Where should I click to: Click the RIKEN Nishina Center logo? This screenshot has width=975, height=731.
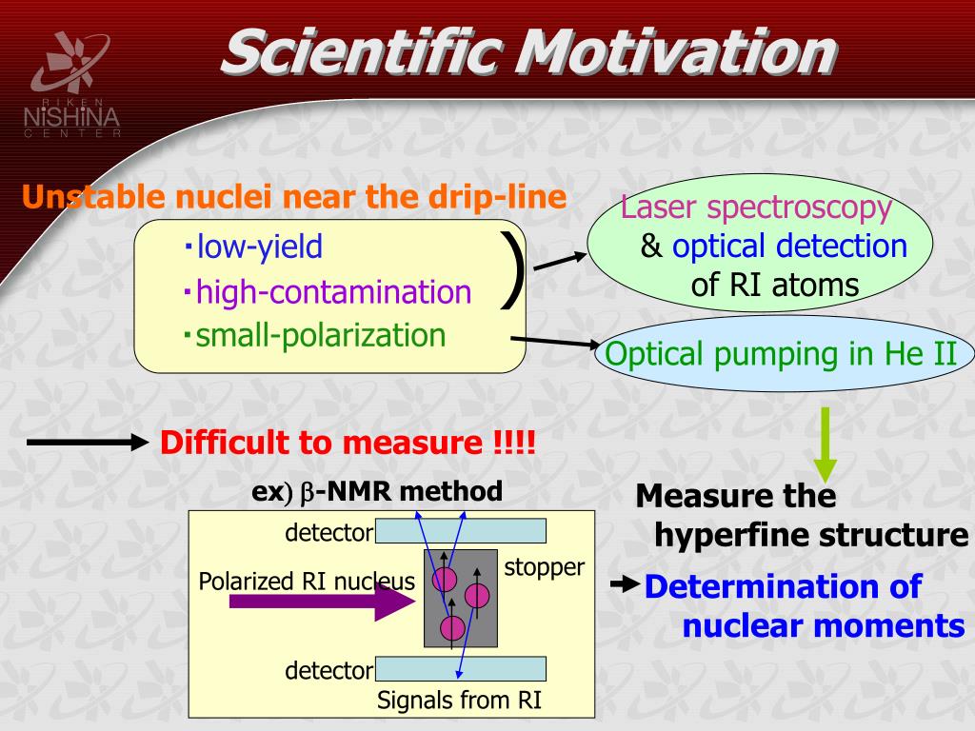tap(72, 85)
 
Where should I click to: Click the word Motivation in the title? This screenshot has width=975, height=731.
tap(678, 52)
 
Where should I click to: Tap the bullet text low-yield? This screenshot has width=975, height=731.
tap(259, 247)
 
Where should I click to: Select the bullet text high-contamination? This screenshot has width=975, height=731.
tap(333, 291)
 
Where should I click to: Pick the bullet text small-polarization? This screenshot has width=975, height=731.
tap(321, 336)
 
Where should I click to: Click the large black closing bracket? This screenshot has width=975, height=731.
tap(512, 269)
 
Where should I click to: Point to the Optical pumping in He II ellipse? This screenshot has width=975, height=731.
tap(783, 353)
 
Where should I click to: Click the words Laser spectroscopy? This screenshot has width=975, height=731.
tap(756, 207)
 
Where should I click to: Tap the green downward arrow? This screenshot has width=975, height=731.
tap(826, 445)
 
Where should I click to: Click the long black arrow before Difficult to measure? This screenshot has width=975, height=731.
tap(88, 443)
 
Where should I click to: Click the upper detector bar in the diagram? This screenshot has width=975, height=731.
tap(461, 531)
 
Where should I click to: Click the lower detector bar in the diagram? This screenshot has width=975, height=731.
tap(461, 669)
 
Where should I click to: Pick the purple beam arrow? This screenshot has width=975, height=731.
tap(322, 602)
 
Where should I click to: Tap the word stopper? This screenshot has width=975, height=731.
tap(544, 567)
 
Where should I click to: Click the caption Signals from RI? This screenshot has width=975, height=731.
tap(459, 700)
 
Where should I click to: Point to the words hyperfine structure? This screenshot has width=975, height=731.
tap(811, 536)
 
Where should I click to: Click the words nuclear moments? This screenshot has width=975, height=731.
tap(824, 626)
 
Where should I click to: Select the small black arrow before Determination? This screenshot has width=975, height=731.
tap(626, 584)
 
